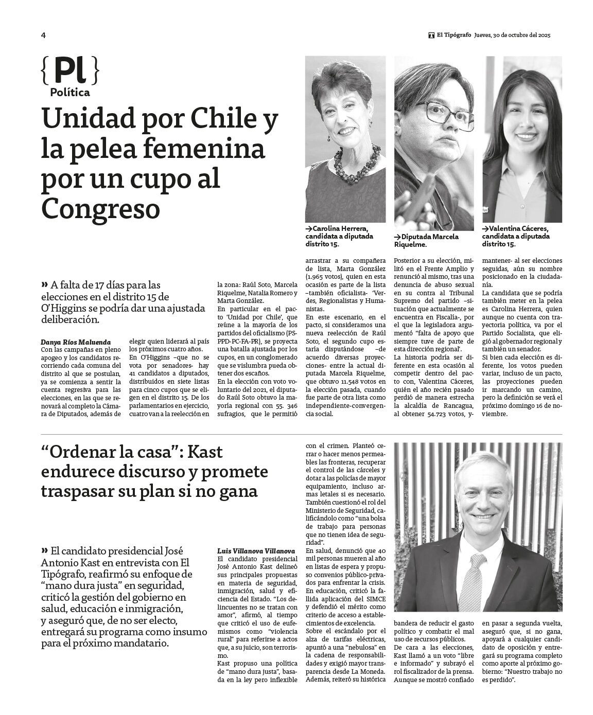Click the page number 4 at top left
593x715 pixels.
pos(44,35)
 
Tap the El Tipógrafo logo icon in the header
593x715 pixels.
pos(431,35)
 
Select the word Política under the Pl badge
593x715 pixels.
pos(70,93)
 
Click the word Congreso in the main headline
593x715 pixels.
pos(100,208)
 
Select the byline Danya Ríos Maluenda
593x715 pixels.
pos(75,342)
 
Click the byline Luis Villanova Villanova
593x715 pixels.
pos(256,551)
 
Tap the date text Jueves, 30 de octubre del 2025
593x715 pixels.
pos(513,35)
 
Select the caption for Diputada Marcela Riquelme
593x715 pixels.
pos(426,240)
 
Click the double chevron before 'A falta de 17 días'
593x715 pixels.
pos(44,284)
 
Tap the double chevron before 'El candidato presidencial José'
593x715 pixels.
pos(44,548)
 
